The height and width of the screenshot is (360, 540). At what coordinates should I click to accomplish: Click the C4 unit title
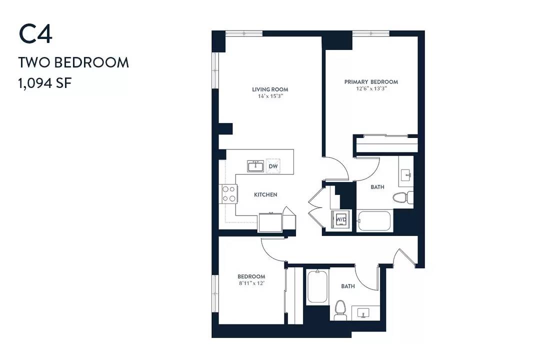[35, 34]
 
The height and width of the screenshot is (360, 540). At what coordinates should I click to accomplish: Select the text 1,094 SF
[45, 83]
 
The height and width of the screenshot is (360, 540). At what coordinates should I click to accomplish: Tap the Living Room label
[270, 89]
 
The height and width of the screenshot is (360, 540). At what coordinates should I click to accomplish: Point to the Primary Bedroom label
[371, 82]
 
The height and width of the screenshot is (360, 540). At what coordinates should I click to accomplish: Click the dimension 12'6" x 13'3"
[371, 88]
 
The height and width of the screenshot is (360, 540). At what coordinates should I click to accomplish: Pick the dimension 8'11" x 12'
[251, 283]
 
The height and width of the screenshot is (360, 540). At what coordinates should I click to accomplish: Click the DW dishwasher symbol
[273, 166]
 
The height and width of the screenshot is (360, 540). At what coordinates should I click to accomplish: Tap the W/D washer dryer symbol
[341, 219]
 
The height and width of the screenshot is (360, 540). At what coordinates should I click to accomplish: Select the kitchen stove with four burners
[228, 194]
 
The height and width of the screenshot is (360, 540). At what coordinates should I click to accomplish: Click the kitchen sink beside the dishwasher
[255, 165]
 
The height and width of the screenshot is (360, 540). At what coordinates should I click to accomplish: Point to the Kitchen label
[265, 194]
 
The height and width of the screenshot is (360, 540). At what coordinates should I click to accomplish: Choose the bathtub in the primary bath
[374, 221]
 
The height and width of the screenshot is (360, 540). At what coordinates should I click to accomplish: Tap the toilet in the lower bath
[340, 310]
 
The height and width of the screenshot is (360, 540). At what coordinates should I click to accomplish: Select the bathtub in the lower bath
[317, 286]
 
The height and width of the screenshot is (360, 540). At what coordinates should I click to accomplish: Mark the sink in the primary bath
[406, 175]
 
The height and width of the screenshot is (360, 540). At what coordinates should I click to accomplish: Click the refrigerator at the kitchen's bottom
[270, 222]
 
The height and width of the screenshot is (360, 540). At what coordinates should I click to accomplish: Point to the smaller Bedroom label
[251, 276]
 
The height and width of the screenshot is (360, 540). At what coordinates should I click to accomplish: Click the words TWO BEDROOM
[73, 62]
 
